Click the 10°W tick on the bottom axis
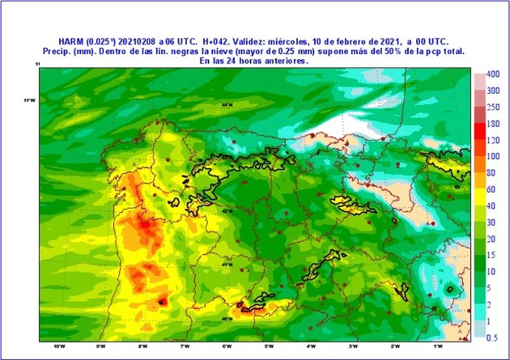(58, 346)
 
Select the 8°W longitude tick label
(143, 346)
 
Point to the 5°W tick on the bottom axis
(269, 346)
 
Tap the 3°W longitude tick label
(353, 346)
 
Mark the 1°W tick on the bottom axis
(438, 346)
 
